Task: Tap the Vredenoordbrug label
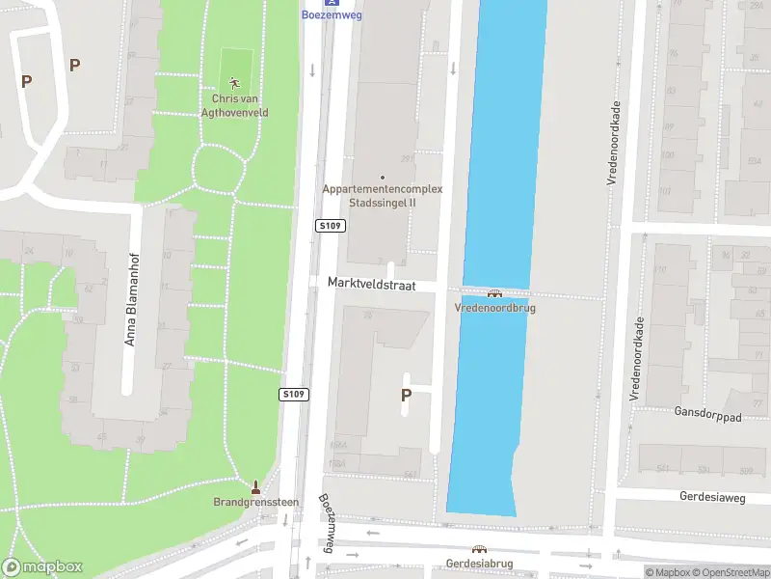point(495,308)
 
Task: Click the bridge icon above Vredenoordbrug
point(495,294)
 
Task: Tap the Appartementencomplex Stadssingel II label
point(383,196)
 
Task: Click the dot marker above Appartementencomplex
point(383,177)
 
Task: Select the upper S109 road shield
point(331,225)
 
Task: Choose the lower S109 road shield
point(294,394)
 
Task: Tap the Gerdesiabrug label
point(478,563)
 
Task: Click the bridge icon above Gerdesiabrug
point(479,549)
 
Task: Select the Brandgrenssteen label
point(255,502)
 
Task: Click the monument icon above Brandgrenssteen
point(255,486)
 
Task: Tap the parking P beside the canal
point(406,395)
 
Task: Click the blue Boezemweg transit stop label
point(332,14)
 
